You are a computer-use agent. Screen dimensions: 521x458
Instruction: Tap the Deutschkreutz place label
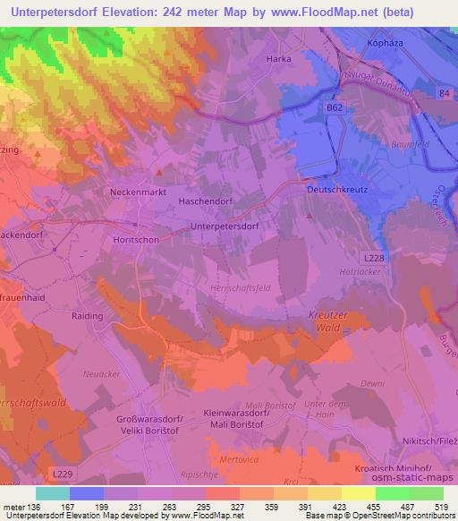[x=338, y=190]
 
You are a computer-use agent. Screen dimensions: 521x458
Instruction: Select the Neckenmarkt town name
[x=138, y=192]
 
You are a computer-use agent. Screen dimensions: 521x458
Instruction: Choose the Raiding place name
[x=88, y=316]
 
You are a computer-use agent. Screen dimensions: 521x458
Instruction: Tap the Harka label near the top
[x=279, y=59]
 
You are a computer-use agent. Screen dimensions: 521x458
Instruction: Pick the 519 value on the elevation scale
[x=438, y=508]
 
